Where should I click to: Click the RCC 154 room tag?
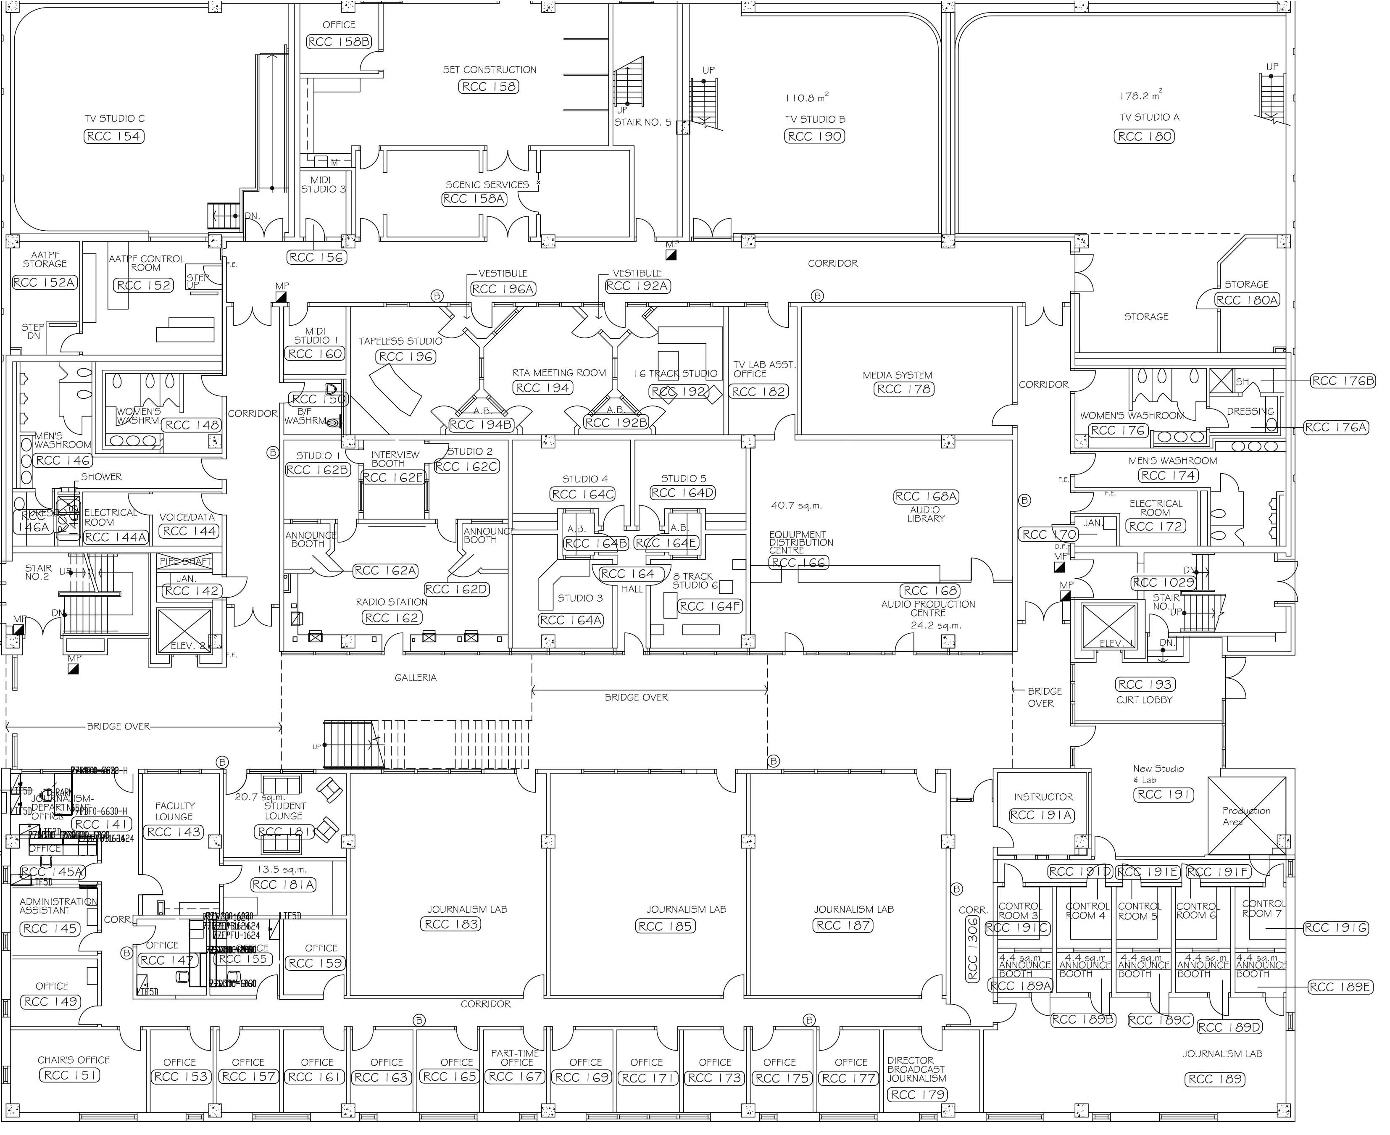pos(114,137)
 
